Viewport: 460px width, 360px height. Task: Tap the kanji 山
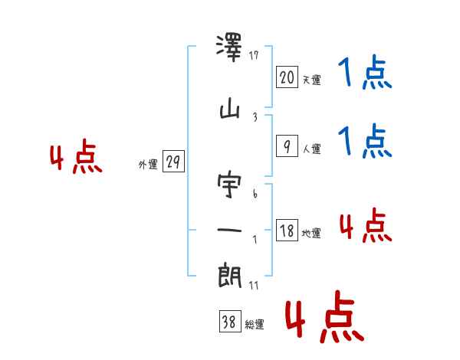230,112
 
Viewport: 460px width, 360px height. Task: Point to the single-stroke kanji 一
230,231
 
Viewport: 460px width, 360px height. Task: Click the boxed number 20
286,77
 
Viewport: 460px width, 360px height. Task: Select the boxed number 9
286,146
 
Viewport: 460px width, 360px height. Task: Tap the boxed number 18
286,231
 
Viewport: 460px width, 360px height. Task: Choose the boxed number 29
174,162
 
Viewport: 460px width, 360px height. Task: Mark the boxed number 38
228,322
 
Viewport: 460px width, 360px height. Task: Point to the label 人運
311,149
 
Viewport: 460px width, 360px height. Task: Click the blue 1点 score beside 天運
365,74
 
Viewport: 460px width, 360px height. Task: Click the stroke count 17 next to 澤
255,55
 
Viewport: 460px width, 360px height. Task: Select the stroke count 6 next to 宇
255,194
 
